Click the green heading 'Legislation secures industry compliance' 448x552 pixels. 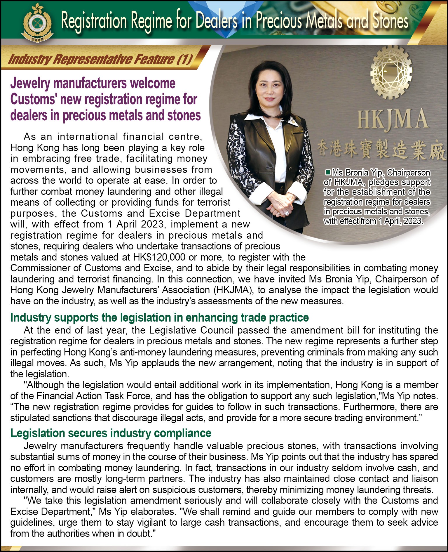coord(111,433)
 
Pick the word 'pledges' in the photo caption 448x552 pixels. coord(383,182)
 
